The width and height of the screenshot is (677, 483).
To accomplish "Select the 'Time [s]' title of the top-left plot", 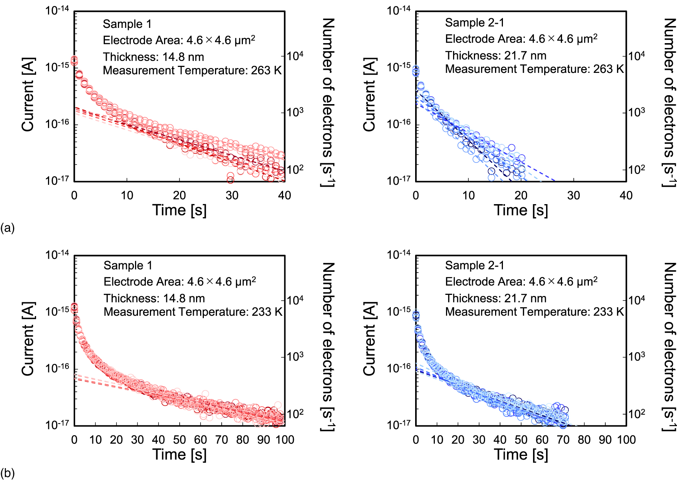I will (179, 210).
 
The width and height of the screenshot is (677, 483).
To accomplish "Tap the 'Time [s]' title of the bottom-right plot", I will (521, 454).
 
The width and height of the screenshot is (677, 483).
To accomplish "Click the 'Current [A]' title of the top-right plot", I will (369, 94).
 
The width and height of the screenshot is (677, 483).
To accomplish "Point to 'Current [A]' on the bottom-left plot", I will (28, 339).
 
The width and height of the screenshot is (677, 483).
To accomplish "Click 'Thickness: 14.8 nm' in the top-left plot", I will (153, 57).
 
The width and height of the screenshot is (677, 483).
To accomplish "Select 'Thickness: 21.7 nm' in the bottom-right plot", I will (495, 298).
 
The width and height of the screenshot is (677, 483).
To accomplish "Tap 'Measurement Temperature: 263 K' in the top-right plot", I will (534, 69).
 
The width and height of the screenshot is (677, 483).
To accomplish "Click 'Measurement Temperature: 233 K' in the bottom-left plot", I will (193, 312).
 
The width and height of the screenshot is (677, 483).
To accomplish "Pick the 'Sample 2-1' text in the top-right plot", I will (474, 23).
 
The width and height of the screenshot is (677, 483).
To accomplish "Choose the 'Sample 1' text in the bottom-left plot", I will (128, 265).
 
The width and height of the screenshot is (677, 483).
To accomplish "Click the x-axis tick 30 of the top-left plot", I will (232, 195).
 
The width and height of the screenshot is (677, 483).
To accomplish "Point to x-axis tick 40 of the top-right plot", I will (626, 195).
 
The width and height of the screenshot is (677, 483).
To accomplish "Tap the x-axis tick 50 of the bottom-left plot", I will (179, 440).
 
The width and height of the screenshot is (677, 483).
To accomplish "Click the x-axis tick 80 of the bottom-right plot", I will (584, 440).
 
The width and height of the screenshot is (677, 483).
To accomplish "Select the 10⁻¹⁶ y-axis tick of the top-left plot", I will (57, 123).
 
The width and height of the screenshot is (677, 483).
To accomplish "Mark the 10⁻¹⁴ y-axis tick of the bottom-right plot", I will (398, 255).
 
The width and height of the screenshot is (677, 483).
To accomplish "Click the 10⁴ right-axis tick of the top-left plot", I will (295, 56).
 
